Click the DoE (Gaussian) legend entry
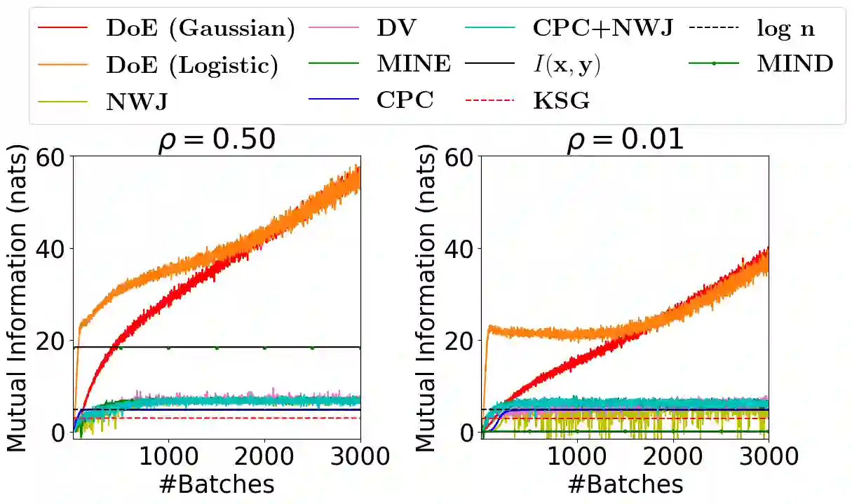[x=200, y=29]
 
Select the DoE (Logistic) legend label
[x=192, y=65]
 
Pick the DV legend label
[x=397, y=29]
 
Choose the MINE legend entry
[x=414, y=65]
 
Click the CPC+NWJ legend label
[x=602, y=29]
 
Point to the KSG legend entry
[x=561, y=102]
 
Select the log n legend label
[x=785, y=29]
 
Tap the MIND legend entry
[x=794, y=65]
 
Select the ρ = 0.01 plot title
[x=625, y=140]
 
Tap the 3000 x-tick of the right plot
[x=769, y=456]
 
